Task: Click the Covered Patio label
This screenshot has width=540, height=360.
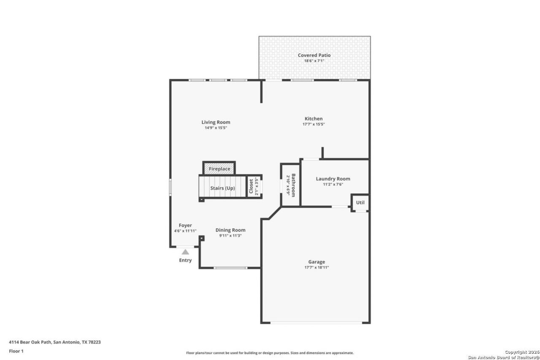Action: pyautogui.click(x=314, y=55)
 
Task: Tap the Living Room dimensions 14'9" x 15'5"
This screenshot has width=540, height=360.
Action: pyautogui.click(x=216, y=128)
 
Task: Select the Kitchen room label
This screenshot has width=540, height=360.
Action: pyautogui.click(x=313, y=119)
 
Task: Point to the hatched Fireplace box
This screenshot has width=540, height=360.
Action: pyautogui.click(x=219, y=168)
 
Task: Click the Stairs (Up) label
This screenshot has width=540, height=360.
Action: pyautogui.click(x=222, y=188)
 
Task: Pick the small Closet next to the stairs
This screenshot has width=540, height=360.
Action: pyautogui.click(x=254, y=187)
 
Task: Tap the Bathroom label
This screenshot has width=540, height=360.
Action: pyautogui.click(x=293, y=185)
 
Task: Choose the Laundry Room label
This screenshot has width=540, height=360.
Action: pyautogui.click(x=333, y=179)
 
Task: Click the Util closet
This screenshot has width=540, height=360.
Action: pyautogui.click(x=360, y=203)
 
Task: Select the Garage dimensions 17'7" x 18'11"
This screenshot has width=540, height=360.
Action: pyautogui.click(x=316, y=268)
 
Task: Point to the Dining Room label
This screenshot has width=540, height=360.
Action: pyautogui.click(x=230, y=230)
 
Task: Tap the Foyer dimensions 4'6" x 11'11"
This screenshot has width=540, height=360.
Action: pyautogui.click(x=185, y=231)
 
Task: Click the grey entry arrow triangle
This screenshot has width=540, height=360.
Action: pyautogui.click(x=185, y=252)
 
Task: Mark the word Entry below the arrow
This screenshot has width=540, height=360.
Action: pyautogui.click(x=185, y=260)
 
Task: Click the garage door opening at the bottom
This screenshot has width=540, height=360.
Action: pyautogui.click(x=316, y=322)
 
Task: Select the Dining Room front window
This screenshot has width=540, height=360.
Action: pyautogui.click(x=230, y=268)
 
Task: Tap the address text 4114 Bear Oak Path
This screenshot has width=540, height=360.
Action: pyautogui.click(x=30, y=342)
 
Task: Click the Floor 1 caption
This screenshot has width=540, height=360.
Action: pyautogui.click(x=16, y=351)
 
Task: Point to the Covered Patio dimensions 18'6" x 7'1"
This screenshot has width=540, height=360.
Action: pyautogui.click(x=314, y=61)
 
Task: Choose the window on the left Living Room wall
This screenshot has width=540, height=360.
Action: pyautogui.click(x=170, y=187)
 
